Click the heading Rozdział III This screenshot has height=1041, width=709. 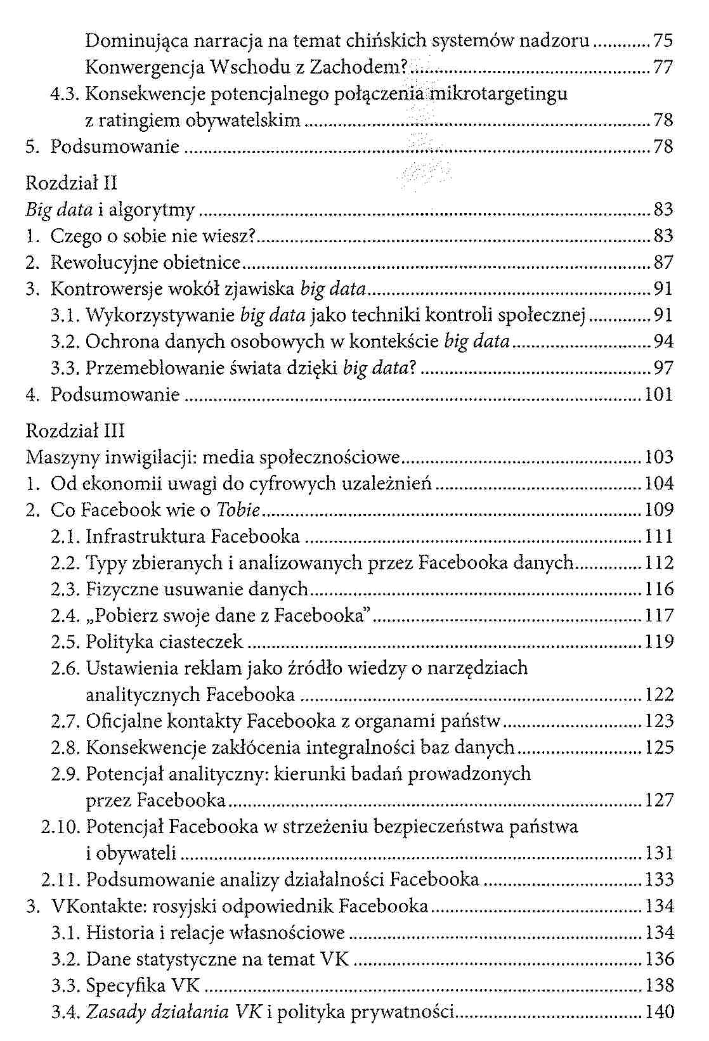click(75, 430)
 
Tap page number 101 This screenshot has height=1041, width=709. click(658, 395)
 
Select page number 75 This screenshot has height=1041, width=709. click(663, 41)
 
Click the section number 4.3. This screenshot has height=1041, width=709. click(65, 94)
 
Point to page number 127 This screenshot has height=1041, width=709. click(659, 800)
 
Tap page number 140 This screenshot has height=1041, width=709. click(659, 1012)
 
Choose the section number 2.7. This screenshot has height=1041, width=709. click(66, 721)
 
